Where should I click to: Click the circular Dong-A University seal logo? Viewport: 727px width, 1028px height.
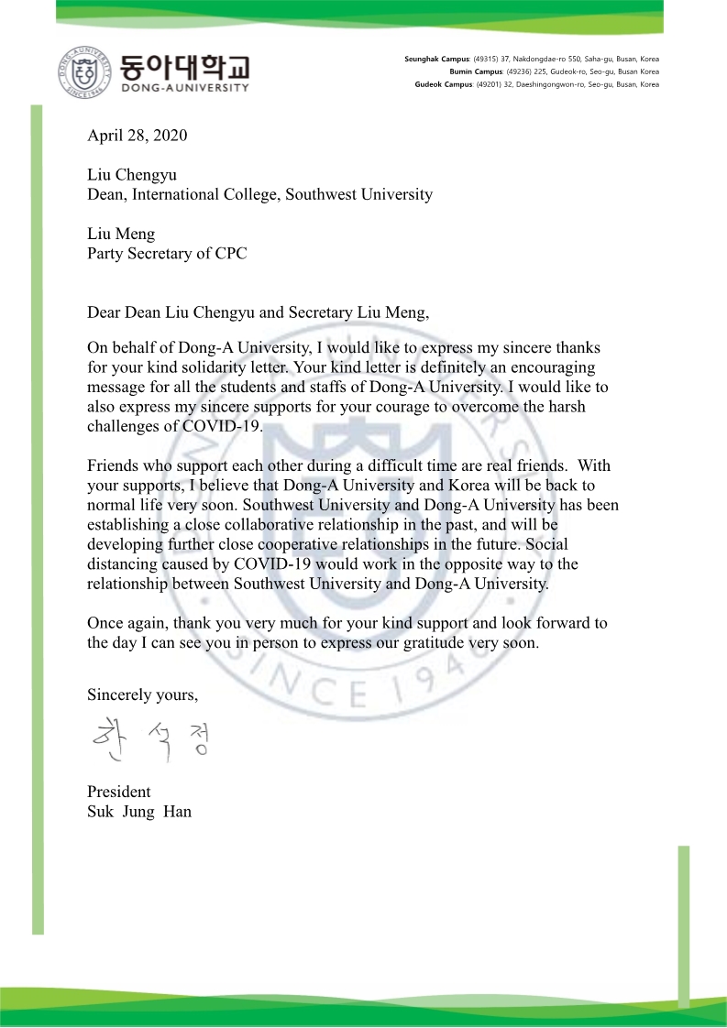click(x=87, y=71)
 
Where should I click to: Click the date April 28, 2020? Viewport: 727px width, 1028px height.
click(x=137, y=136)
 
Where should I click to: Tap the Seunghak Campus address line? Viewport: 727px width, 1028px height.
click(x=532, y=60)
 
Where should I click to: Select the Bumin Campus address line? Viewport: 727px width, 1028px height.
click(x=554, y=71)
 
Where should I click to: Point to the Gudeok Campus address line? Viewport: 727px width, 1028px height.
click(x=537, y=84)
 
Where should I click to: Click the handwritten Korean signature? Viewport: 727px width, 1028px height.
click(x=150, y=740)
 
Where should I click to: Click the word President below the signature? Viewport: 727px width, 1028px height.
click(x=119, y=792)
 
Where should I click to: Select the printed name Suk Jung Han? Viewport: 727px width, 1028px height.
click(x=139, y=812)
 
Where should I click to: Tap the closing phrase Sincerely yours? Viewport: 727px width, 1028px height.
click(x=142, y=694)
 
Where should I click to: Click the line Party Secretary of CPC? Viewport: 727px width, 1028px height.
click(x=167, y=254)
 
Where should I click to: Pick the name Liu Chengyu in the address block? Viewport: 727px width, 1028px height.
click(x=132, y=174)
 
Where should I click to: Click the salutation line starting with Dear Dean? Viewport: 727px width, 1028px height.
click(x=258, y=312)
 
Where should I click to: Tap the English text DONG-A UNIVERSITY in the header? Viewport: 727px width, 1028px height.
click(x=184, y=88)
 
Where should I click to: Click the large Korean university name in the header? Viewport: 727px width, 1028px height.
click(x=184, y=66)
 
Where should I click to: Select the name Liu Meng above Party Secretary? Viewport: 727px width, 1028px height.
click(x=121, y=234)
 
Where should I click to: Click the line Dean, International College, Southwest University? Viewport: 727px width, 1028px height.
click(x=259, y=194)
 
